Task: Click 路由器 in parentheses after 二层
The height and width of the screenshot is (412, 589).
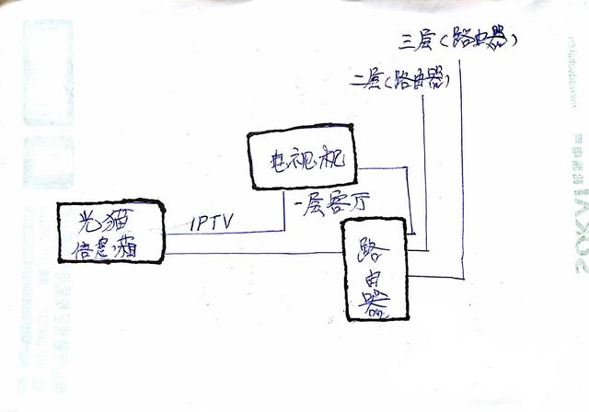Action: [x=419, y=83]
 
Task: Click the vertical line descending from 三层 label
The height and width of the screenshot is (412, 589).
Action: [x=462, y=166]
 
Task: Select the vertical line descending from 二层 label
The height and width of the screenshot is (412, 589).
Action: [x=424, y=166]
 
